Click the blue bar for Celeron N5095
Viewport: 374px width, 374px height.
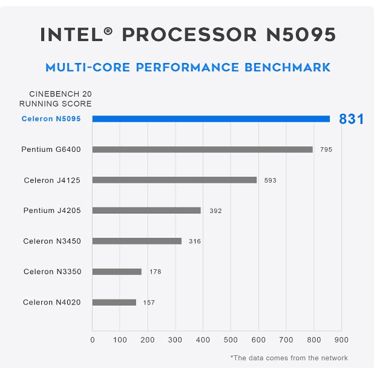[211, 119]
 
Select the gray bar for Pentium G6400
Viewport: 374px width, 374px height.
[203, 149]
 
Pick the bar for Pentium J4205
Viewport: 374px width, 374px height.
[146, 211]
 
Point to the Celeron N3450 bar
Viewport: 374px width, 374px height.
[137, 241]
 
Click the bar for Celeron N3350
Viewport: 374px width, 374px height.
[117, 272]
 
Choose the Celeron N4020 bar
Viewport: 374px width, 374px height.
[114, 302]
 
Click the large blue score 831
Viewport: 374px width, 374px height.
[351, 119]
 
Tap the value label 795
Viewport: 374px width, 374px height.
[326, 149]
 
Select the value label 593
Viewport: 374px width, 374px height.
[270, 180]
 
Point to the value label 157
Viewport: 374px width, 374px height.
[149, 303]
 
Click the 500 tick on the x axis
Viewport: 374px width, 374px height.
[231, 340]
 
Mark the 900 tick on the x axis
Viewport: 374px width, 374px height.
[341, 340]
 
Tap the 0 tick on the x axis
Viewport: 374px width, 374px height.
[93, 340]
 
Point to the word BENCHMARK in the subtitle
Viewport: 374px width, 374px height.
[287, 67]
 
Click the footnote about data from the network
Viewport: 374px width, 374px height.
[289, 358]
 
